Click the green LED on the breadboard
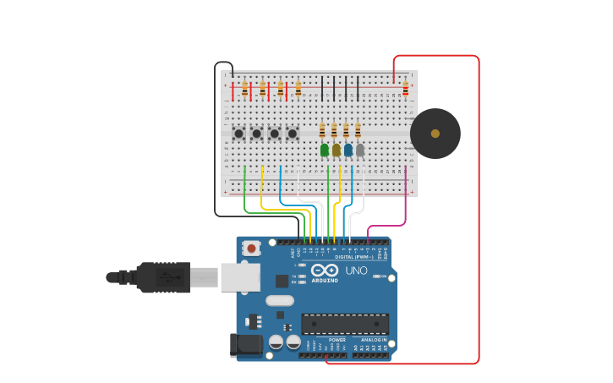[325, 150]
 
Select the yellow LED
[337, 150]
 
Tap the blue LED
[348, 150]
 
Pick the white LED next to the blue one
[360, 150]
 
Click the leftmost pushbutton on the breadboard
[239, 134]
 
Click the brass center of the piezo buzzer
[435, 134]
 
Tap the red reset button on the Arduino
[251, 249]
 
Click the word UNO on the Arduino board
[356, 271]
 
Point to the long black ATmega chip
[345, 324]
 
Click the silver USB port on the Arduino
[240, 276]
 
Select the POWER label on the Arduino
[325, 340]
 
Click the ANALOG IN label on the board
[370, 340]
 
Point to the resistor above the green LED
[322, 129]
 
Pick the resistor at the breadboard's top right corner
[405, 88]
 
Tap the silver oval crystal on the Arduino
[279, 300]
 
